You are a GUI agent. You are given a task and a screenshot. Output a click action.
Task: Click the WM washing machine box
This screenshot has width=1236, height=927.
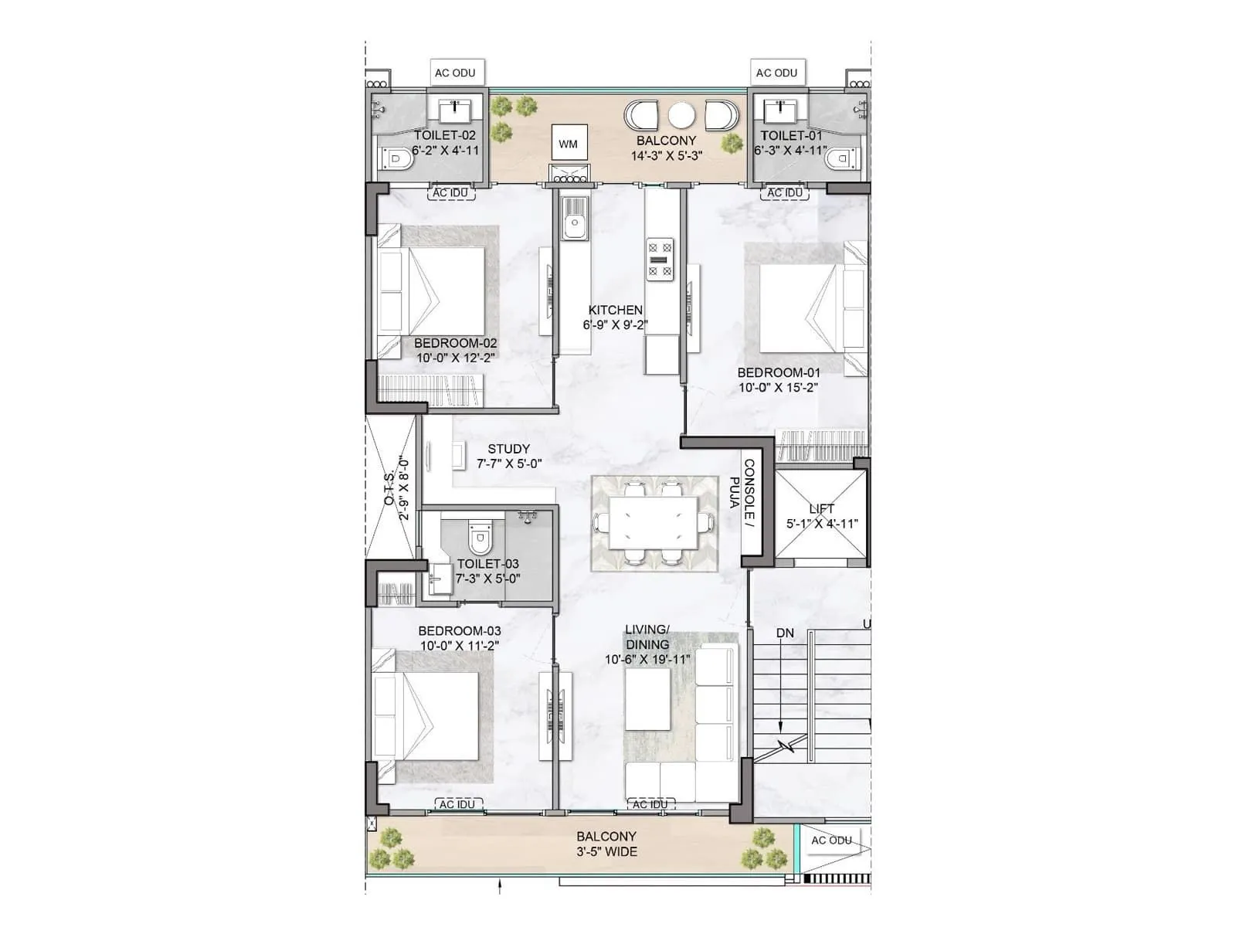pos(569,144)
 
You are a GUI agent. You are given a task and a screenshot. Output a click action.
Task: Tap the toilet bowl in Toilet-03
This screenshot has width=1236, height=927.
pos(480,538)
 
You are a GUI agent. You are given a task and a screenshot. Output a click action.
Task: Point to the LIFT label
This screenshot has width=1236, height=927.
pos(821,508)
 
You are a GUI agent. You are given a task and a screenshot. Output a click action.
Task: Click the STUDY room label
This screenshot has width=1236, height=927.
pos(508,449)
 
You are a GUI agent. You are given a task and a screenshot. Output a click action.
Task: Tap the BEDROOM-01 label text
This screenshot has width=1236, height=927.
pos(779,372)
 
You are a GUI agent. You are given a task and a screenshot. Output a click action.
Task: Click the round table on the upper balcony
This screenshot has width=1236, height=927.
pos(681,116)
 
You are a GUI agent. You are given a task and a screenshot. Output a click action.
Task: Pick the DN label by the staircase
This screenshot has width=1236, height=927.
pos(785,633)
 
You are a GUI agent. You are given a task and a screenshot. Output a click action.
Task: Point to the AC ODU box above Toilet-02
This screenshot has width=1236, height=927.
pos(455,73)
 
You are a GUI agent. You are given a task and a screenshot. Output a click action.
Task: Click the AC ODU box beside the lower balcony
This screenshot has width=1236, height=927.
pos(831,840)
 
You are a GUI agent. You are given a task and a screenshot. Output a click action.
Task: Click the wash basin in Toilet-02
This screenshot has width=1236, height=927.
pos(460,111)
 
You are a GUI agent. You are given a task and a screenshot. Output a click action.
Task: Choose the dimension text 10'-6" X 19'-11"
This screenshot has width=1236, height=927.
pos(647,660)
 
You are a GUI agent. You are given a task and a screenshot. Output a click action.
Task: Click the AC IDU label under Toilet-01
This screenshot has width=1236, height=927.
pos(785,193)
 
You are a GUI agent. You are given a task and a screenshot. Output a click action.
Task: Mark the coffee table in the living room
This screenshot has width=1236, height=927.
pos(647,699)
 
